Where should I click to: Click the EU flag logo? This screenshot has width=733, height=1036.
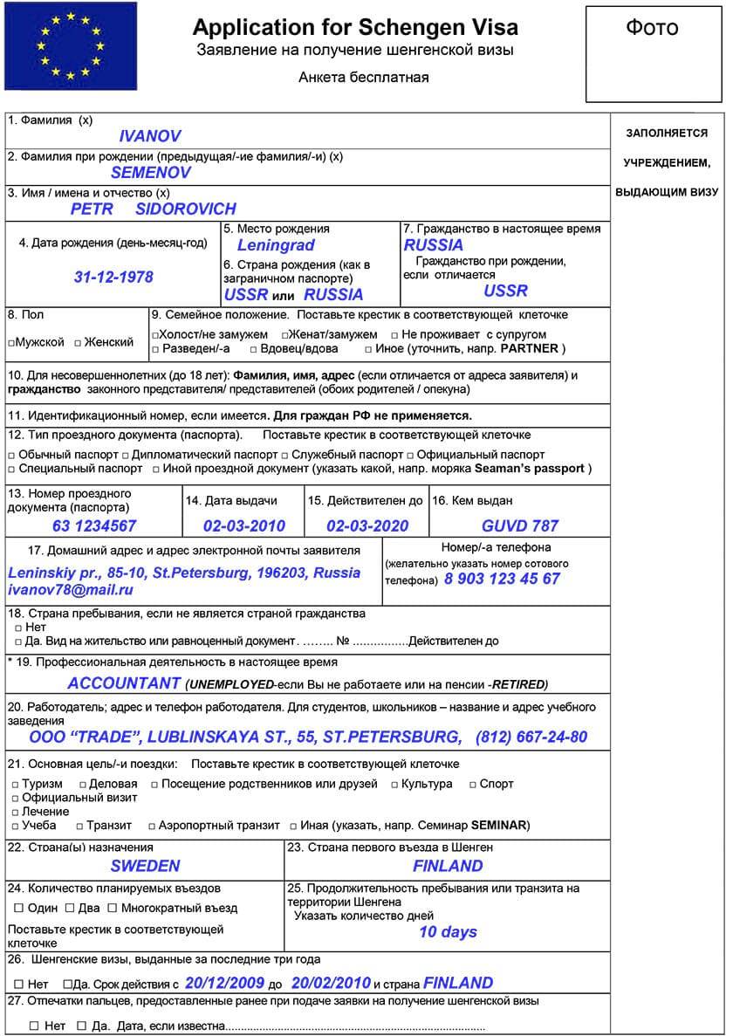click(71, 45)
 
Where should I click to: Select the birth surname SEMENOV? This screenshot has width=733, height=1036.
click(151, 173)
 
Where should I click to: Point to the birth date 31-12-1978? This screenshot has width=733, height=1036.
click(113, 277)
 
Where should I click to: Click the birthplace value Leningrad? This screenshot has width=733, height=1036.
click(276, 245)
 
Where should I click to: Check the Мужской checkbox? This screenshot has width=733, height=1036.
click(11, 343)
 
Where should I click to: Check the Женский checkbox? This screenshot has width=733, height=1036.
click(78, 343)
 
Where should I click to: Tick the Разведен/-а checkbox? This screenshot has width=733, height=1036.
click(155, 349)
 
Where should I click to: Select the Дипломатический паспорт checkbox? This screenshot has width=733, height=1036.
click(127, 455)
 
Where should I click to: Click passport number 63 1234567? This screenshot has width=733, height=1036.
click(94, 525)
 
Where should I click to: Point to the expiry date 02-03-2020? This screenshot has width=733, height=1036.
click(367, 525)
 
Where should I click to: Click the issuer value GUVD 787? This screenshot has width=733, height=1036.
click(520, 525)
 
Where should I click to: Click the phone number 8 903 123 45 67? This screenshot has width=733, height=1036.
click(502, 579)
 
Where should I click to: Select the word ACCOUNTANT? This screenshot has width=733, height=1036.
click(125, 683)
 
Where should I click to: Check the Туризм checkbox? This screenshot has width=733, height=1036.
click(16, 784)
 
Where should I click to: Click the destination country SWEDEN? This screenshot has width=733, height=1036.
click(145, 866)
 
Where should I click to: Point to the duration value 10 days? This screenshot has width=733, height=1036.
click(448, 931)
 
